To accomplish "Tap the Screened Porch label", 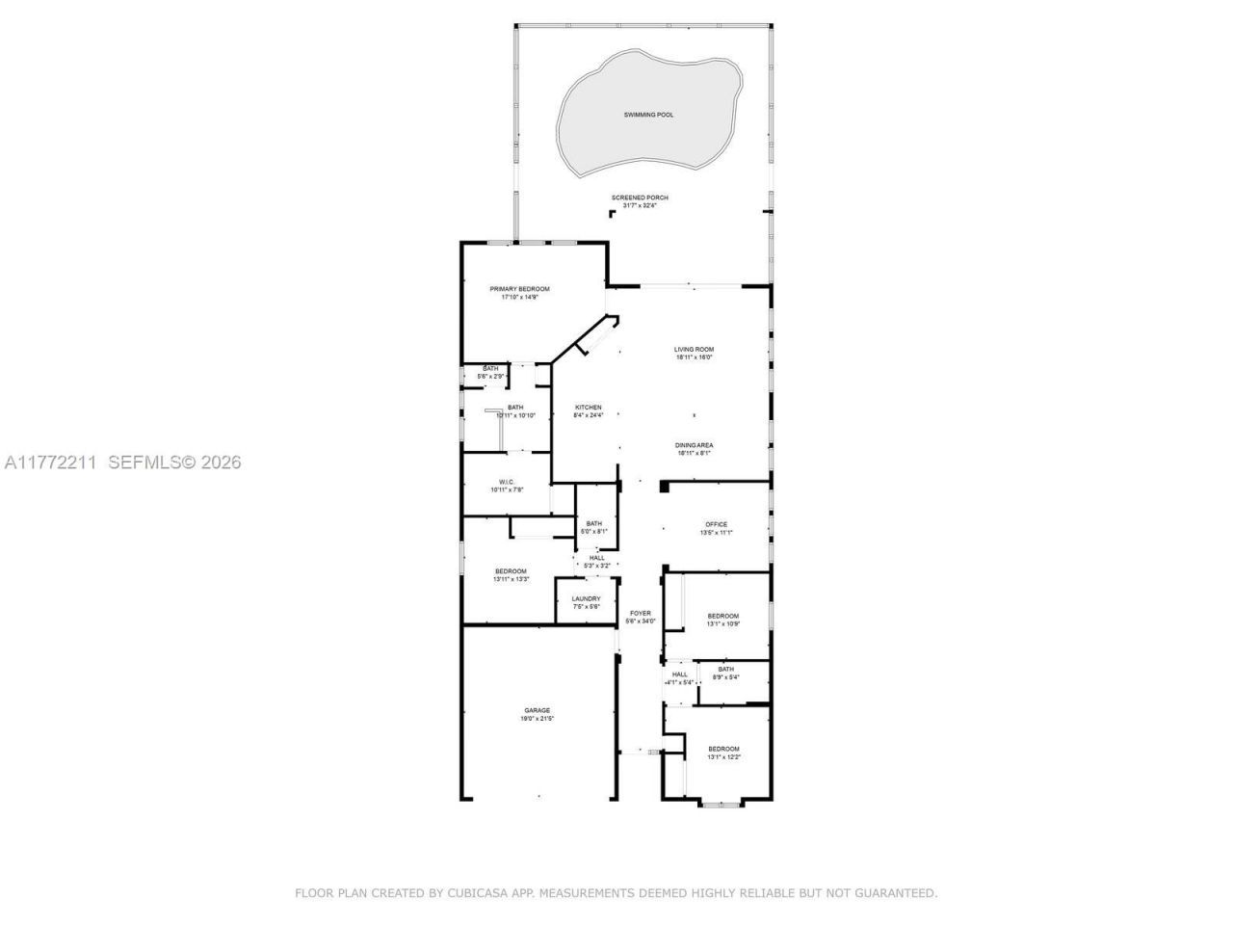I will (x=640, y=198).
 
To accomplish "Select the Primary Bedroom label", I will (x=519, y=289).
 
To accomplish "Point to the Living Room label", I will (x=694, y=350).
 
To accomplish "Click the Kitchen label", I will (x=589, y=408).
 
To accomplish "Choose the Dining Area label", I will (x=694, y=445).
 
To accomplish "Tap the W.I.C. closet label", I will (x=507, y=482).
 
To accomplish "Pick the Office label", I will (x=716, y=525).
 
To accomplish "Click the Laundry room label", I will (x=586, y=598).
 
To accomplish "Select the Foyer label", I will (x=641, y=613).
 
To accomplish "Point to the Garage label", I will (x=538, y=710).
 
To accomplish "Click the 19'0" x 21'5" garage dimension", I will (x=538, y=719).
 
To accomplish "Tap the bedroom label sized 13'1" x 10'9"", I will (x=723, y=616).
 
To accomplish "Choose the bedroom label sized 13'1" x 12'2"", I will (x=723, y=749).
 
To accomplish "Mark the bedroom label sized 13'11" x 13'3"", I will (x=511, y=570).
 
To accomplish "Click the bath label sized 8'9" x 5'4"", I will (x=725, y=669).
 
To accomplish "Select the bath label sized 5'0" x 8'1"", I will (x=594, y=523).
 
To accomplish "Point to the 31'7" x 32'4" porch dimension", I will (x=640, y=205).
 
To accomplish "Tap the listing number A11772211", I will (x=50, y=462).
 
